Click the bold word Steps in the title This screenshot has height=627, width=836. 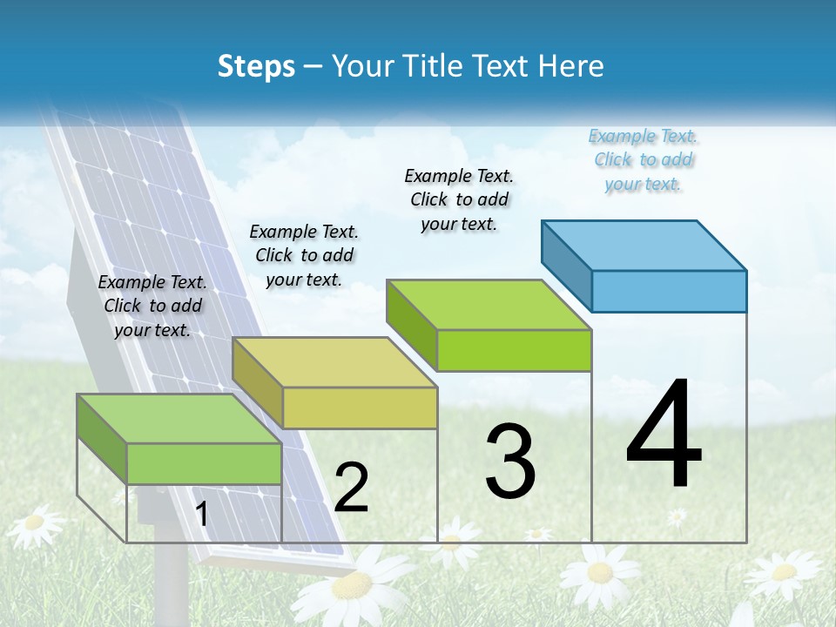[256, 66]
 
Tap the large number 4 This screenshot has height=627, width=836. [664, 436]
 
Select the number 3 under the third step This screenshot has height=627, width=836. [510, 462]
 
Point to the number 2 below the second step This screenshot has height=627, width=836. [352, 488]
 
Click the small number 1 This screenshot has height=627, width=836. [202, 514]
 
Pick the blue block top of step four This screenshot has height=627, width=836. [644, 246]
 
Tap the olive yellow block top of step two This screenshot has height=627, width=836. [334, 362]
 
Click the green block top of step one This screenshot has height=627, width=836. [179, 419]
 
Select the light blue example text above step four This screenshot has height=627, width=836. [644, 160]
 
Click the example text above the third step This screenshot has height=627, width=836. [460, 199]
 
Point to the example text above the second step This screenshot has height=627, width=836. [304, 255]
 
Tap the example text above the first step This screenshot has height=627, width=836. [152, 306]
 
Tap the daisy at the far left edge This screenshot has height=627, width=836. [35, 523]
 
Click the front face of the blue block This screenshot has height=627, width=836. [669, 291]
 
